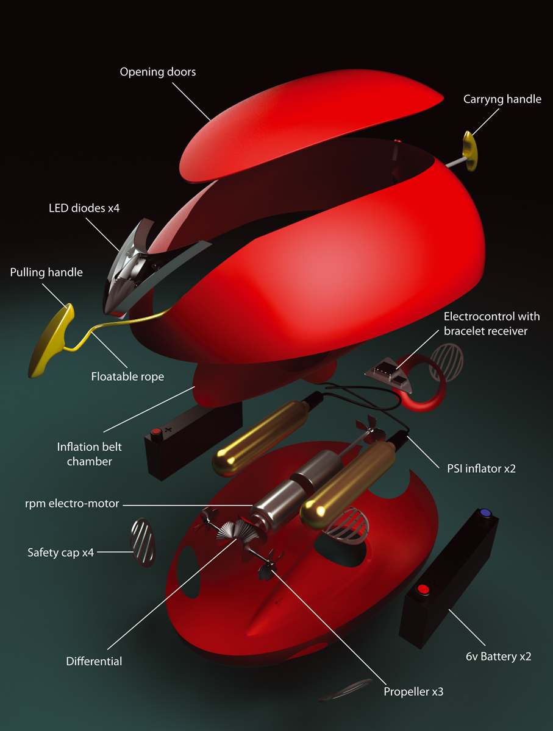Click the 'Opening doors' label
(157, 72)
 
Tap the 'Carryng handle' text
(502, 99)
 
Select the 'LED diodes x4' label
(84, 208)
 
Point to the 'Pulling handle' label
(46, 272)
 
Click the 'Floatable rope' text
(127, 376)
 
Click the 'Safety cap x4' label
(60, 553)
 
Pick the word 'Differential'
(94, 661)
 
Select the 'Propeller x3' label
(418, 692)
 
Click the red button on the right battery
(422, 590)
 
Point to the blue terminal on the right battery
(486, 513)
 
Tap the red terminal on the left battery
(155, 433)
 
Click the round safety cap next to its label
(141, 542)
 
